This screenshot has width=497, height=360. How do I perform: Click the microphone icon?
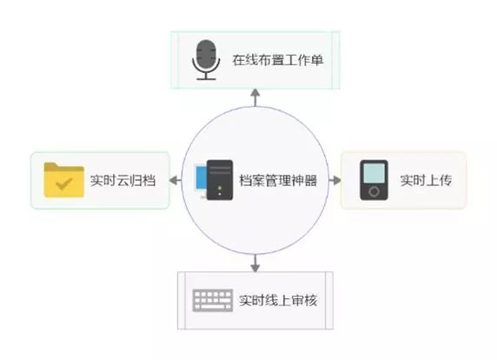click(x=206, y=60)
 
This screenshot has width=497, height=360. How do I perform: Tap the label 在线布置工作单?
click(x=278, y=60)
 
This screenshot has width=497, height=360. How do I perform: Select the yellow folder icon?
click(x=64, y=180)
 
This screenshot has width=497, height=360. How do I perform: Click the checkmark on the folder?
click(x=63, y=183)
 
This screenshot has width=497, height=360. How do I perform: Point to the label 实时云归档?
click(x=123, y=181)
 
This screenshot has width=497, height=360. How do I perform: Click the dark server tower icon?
click(x=219, y=180)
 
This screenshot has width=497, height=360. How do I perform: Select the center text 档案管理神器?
click(x=278, y=181)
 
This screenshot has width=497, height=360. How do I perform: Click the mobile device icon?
click(x=374, y=180)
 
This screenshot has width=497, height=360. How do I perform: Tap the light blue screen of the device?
click(x=374, y=173)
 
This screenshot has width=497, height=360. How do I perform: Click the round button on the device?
click(x=374, y=191)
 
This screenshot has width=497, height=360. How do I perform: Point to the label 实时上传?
click(x=426, y=181)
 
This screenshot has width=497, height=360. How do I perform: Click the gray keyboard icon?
click(x=213, y=300)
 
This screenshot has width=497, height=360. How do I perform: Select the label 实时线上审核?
click(x=278, y=300)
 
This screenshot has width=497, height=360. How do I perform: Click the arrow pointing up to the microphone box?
click(x=255, y=97)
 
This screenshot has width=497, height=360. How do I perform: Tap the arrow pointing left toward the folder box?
click(x=176, y=181)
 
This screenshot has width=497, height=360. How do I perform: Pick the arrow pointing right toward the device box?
click(x=335, y=181)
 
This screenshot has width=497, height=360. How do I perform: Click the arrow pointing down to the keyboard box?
click(x=255, y=263)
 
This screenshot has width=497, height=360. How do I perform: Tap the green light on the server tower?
click(x=220, y=188)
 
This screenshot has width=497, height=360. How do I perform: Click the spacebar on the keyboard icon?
click(x=213, y=307)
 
